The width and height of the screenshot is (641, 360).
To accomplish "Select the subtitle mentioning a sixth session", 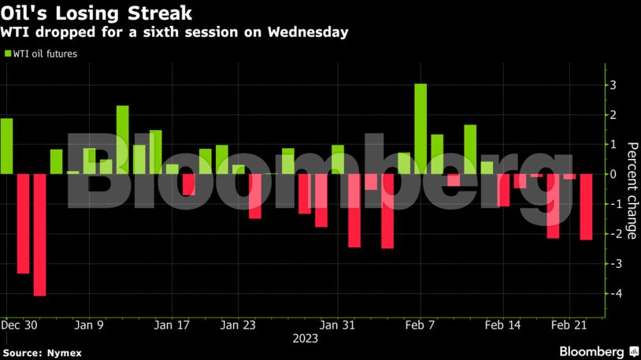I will [175, 33].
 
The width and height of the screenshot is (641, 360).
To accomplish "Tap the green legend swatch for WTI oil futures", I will [8, 54].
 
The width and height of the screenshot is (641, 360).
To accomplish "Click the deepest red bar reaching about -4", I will [39, 235].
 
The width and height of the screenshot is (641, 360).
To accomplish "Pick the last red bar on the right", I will [586, 206].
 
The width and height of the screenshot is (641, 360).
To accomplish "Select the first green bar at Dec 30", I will [6, 146].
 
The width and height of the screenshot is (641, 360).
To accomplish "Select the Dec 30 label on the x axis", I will [19, 325].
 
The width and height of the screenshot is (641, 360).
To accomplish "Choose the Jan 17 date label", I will [172, 325].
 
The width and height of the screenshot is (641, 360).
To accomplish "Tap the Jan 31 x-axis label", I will [339, 325].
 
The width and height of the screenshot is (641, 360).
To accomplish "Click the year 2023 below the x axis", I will [305, 339].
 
